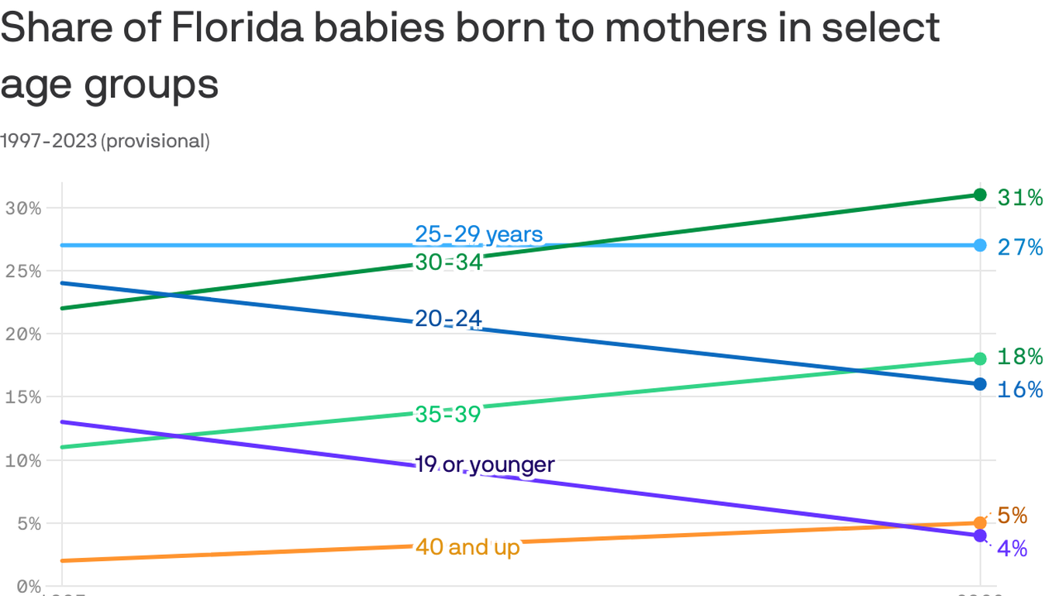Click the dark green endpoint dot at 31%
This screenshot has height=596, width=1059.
click(980, 195)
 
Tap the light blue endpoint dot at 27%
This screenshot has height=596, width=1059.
click(980, 245)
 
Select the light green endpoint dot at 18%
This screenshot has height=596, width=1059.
click(980, 359)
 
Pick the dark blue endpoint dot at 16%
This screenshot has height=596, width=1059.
click(980, 384)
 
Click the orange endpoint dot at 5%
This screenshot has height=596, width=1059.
click(980, 523)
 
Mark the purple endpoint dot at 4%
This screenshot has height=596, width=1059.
click(980, 535)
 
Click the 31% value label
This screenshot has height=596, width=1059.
click(1019, 199)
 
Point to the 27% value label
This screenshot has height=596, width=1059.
click(1019, 248)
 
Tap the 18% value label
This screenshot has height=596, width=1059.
click(1019, 357)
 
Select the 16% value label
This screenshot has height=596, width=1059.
click(1019, 390)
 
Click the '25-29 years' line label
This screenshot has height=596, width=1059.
click(478, 234)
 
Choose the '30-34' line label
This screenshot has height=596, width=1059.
click(449, 263)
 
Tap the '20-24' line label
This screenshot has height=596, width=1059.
click(448, 318)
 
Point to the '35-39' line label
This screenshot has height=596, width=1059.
click(448, 414)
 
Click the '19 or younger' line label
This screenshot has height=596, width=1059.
click(485, 465)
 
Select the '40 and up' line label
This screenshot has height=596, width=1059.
click(467, 547)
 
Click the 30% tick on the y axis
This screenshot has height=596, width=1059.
click(22, 208)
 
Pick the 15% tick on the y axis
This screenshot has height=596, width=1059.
click(22, 397)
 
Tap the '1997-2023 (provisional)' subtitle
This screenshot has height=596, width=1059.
click(105, 141)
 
